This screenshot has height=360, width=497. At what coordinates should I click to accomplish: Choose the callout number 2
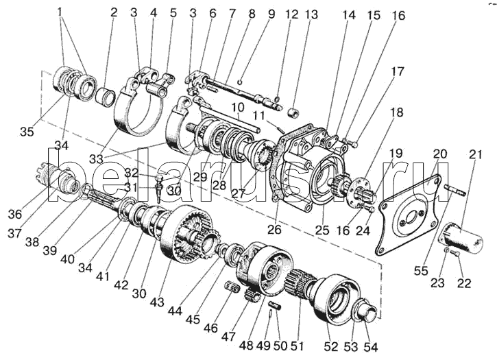click(113, 13)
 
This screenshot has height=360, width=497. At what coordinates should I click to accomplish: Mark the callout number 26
click(274, 229)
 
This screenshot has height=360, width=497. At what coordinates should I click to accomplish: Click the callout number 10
click(237, 107)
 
